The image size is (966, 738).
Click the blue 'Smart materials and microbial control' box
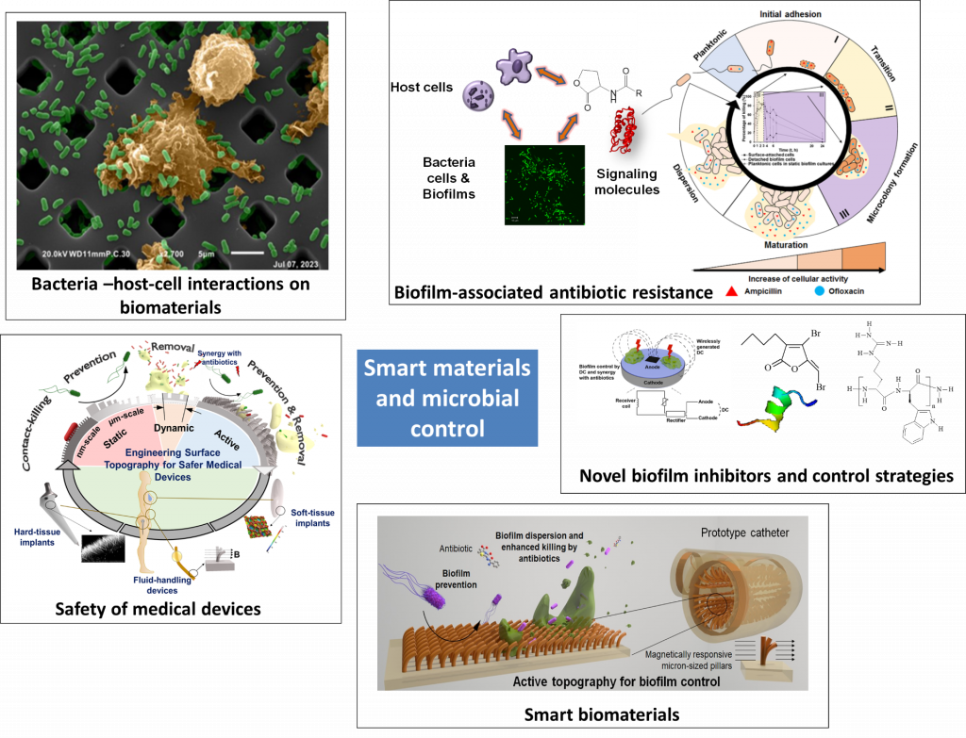[447, 398]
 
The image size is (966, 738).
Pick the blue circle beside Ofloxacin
[820, 291]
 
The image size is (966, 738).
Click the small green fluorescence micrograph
[543, 184]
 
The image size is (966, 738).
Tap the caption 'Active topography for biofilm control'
[591, 681]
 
